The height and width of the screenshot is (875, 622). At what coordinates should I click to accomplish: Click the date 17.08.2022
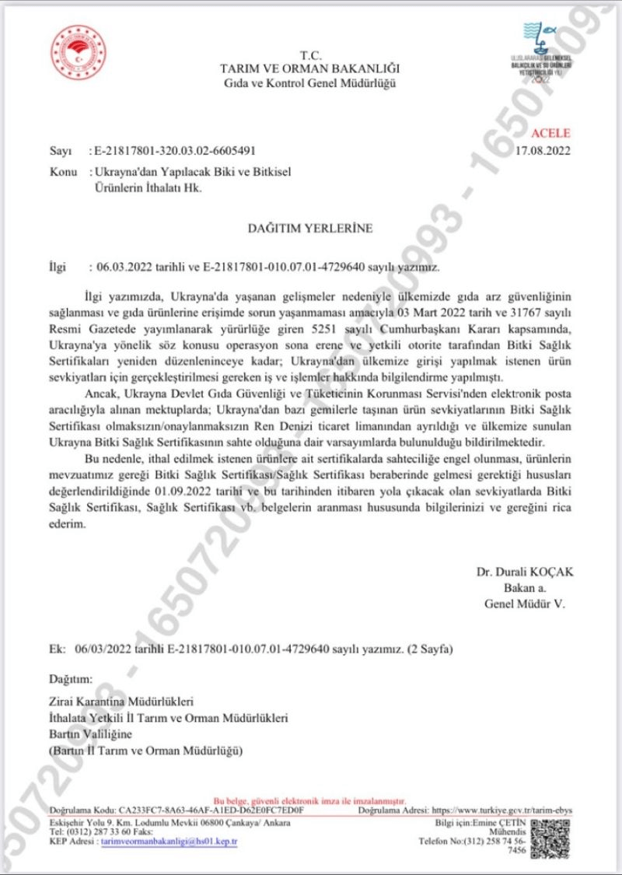tap(543, 150)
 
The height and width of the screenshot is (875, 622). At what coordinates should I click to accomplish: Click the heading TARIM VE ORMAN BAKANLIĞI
tap(309, 68)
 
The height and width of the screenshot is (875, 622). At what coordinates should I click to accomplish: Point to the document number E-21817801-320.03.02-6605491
tap(173, 150)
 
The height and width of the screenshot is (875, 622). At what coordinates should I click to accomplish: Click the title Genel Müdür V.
tap(528, 603)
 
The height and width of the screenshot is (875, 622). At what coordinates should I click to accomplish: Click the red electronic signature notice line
tap(309, 800)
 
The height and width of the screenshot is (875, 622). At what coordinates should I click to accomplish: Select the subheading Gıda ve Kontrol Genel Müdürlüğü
tap(309, 82)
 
